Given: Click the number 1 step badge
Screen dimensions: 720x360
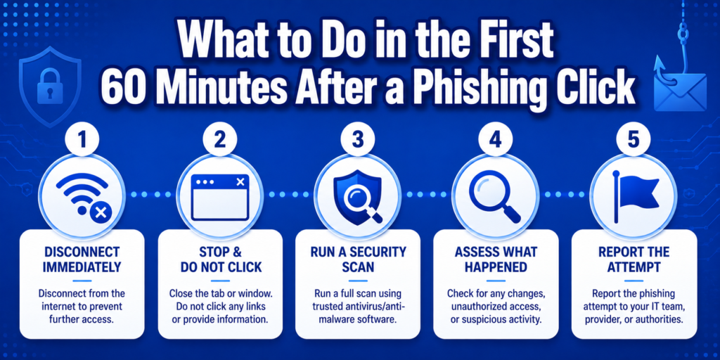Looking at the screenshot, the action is coord(82,141).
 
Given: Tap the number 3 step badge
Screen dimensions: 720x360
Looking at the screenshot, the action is coord(358,141).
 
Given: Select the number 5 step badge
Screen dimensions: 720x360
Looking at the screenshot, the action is coord(634,141).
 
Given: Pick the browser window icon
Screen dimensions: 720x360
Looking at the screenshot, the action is coord(220,197).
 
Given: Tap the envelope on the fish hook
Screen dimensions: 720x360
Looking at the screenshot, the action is coord(673,91).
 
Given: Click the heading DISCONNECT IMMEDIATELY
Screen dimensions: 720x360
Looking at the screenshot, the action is coord(82,259).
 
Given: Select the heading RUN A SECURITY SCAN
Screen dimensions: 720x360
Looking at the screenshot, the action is coord(358,259).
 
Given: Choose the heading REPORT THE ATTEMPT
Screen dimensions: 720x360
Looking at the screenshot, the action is coord(634,259).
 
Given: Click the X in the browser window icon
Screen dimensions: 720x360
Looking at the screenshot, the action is coord(240,182).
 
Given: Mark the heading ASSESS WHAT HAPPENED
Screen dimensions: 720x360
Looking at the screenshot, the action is coord(496,259).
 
